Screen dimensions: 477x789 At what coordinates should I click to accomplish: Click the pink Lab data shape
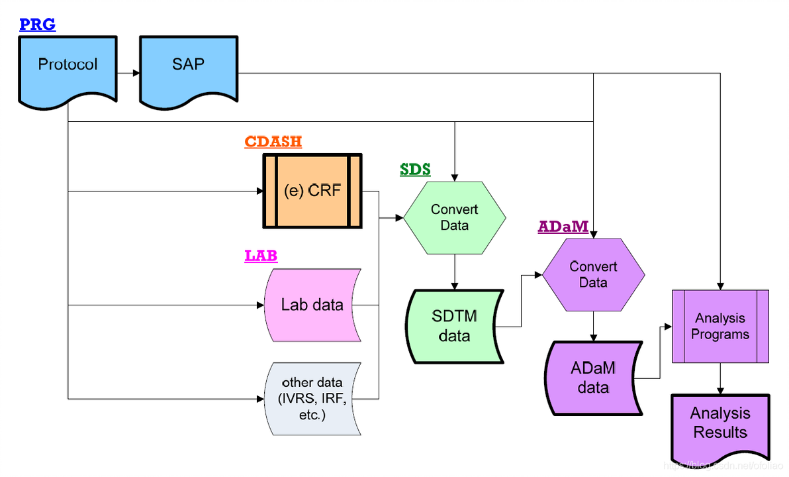[312, 305]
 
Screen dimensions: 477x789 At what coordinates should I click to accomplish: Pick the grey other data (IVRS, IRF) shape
[312, 398]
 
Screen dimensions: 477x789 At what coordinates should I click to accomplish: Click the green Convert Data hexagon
[454, 217]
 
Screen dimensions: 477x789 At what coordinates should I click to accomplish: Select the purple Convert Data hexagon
[593, 274]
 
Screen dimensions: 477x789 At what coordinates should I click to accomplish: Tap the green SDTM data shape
[454, 326]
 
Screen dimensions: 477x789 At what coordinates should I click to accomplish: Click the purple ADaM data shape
[593, 378]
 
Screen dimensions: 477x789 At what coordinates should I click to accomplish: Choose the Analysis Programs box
[720, 326]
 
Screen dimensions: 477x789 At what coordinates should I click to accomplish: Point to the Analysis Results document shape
[720, 424]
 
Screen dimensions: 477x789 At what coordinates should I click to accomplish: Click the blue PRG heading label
[37, 25]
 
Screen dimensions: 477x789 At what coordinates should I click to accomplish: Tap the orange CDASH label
[273, 142]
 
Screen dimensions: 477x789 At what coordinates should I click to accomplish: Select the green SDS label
[415, 170]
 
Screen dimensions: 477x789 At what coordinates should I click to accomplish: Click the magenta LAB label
[261, 256]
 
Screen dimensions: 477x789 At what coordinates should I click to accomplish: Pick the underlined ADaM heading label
[563, 227]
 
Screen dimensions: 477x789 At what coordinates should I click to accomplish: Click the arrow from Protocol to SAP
[129, 73]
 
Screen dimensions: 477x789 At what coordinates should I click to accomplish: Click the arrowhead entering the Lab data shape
[259, 305]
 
